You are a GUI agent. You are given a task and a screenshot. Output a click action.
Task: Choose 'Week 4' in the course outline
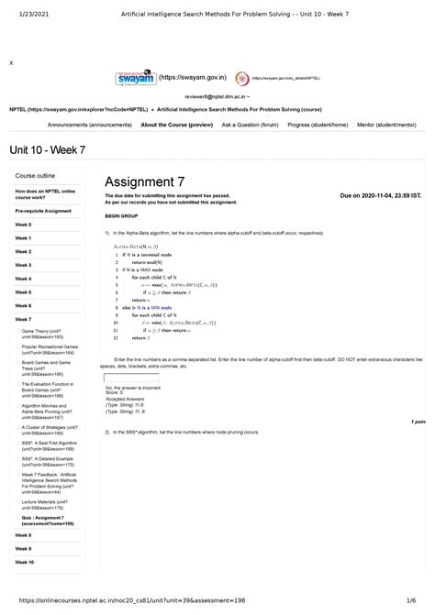pos(23,278)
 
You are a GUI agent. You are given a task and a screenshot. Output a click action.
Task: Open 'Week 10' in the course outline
pos(25,562)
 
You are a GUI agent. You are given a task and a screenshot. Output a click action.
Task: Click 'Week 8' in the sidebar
pos(23,534)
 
